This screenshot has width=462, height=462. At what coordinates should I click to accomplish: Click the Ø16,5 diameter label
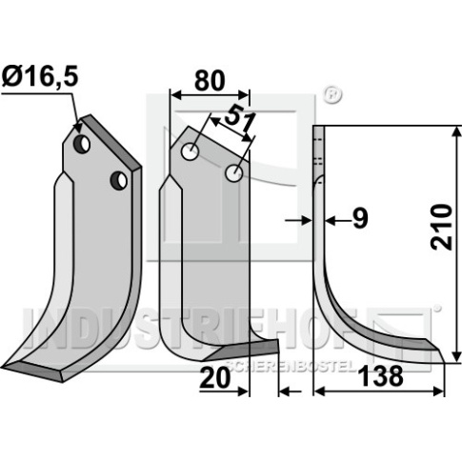pyautogui.click(x=40, y=78)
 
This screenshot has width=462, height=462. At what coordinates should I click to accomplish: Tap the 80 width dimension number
pyautogui.click(x=210, y=81)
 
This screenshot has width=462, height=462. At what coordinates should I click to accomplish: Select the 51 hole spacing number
pyautogui.click(x=240, y=122)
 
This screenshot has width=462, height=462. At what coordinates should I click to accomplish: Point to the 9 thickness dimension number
pyautogui.click(x=360, y=219)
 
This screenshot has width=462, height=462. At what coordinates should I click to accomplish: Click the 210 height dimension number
pyautogui.click(x=441, y=227)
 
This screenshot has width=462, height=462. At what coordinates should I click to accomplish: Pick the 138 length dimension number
pyautogui.click(x=380, y=376)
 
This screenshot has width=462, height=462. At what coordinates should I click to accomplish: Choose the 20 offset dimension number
pyautogui.click(x=214, y=378)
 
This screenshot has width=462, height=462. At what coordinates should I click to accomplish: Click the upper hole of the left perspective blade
pyautogui.click(x=82, y=145)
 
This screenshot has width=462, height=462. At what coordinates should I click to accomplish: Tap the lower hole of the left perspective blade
pyautogui.click(x=119, y=181)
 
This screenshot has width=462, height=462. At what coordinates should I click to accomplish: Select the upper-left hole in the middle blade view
pyautogui.click(x=190, y=151)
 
